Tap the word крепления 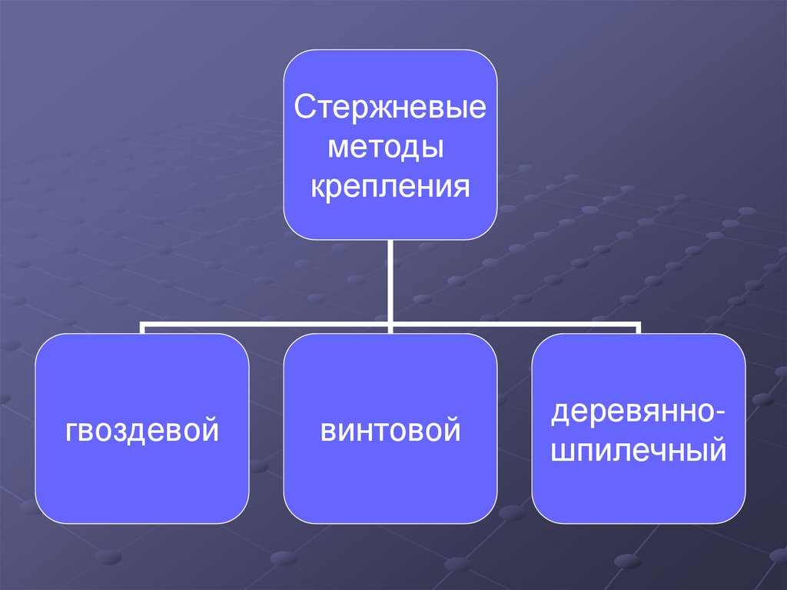point(390,186)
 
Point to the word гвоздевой point(142,429)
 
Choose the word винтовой point(390,429)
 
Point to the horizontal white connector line point(269,325)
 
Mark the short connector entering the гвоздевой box point(142,329)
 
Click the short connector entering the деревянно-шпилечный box point(639,329)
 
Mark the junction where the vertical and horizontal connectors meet point(390,325)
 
